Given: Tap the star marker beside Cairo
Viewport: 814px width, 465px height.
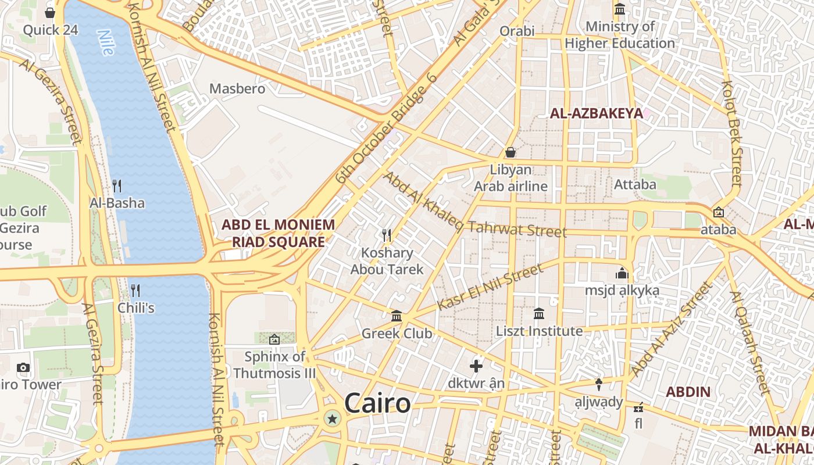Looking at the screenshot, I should pos(333,418).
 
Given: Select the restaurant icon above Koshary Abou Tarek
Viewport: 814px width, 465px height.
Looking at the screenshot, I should pos(387,235).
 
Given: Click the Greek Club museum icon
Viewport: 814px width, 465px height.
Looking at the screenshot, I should pos(397,316).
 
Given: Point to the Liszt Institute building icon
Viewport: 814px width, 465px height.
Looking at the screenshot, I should pos(539,314).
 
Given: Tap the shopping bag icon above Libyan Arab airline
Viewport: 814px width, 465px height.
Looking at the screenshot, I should pos(510,152).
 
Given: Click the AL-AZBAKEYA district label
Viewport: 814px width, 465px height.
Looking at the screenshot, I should pos(597,113).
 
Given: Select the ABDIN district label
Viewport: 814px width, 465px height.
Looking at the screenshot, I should pos(688,392).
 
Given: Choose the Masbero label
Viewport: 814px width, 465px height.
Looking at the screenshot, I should pos(237,89).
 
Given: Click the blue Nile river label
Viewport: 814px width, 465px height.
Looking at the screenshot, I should pos(106,42).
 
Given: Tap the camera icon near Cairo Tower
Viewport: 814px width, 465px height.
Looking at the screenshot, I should pos(23,367).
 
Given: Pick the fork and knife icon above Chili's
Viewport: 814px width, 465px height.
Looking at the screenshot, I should pos(135,289).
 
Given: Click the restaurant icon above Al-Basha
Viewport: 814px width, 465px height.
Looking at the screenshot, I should pos(117,185).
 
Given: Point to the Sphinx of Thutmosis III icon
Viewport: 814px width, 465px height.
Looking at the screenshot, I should pos(274,339).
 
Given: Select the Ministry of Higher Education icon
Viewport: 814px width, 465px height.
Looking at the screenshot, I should pos(620,10).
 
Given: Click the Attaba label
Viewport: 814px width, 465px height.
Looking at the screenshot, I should pos(635,185).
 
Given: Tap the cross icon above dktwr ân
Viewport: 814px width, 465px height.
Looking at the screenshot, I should pos(476,366).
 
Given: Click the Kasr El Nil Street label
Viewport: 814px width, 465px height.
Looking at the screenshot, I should pos(489,287).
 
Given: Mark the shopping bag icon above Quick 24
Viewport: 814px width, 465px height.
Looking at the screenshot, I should pos(51,12).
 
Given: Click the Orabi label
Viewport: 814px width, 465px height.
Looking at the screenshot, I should pos(517,31).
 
